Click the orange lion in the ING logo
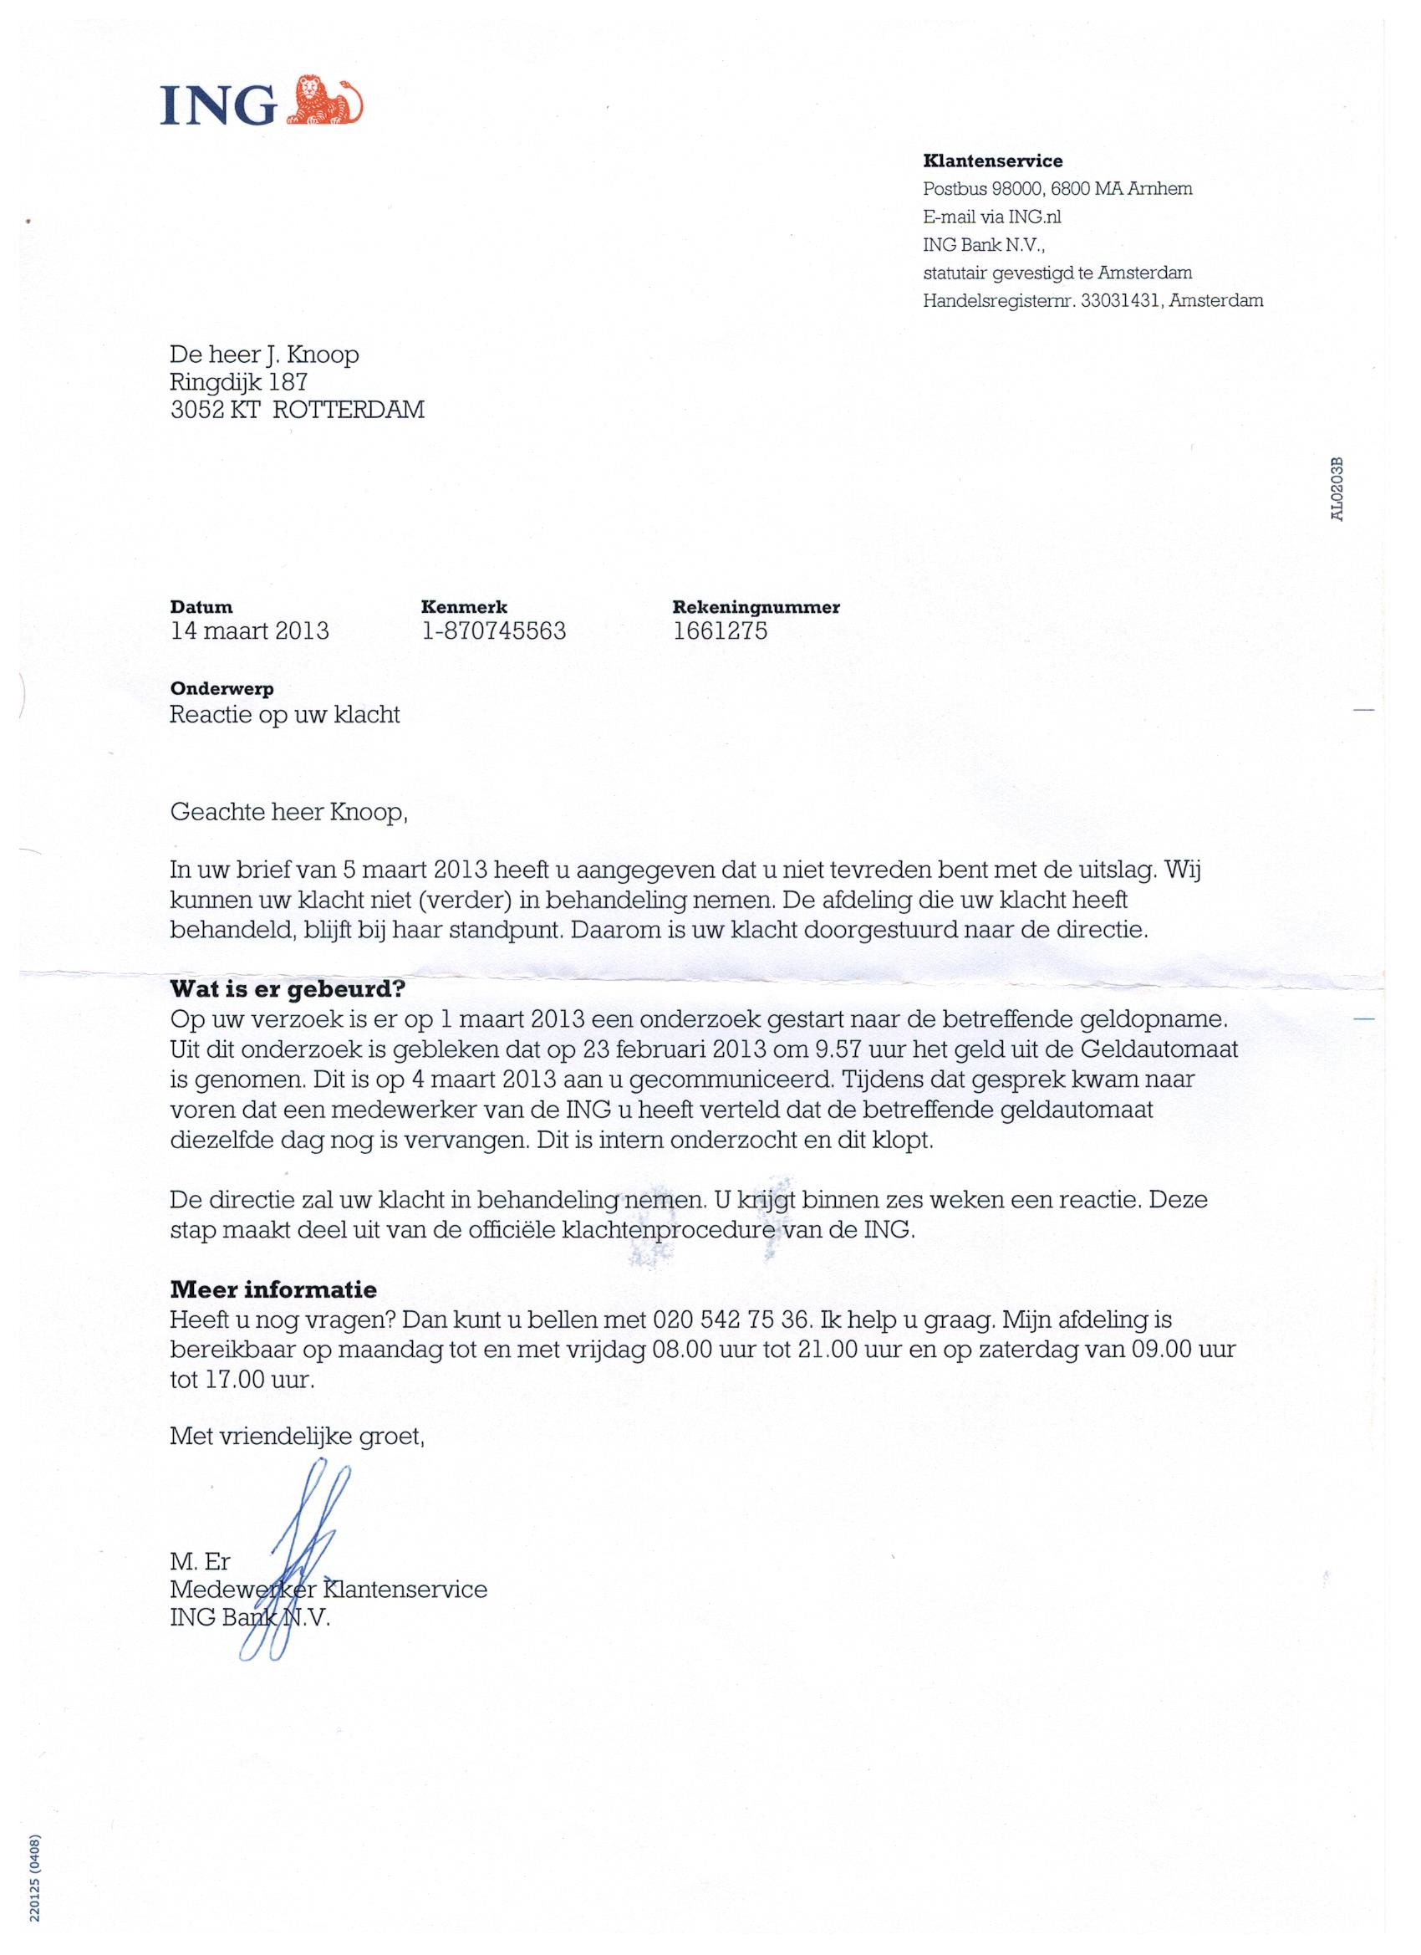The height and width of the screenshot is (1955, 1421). pyautogui.click(x=324, y=102)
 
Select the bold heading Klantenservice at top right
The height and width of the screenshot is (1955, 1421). pyautogui.click(x=993, y=161)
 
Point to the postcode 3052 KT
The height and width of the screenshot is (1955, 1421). pyautogui.click(x=216, y=410)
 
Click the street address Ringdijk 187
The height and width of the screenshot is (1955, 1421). pyautogui.click(x=239, y=382)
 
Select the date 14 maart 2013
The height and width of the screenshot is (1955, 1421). pyautogui.click(x=250, y=631)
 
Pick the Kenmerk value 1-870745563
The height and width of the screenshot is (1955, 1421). pyautogui.click(x=493, y=631)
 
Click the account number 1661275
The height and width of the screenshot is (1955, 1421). pyautogui.click(x=720, y=631)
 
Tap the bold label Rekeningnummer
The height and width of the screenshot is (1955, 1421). pyautogui.click(x=756, y=607)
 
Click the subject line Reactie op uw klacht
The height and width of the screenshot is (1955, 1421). pyautogui.click(x=285, y=715)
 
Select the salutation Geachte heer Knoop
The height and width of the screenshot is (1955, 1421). pyautogui.click(x=287, y=812)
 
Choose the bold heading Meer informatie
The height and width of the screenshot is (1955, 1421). pyautogui.click(x=273, y=1289)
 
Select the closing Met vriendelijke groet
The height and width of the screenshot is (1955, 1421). pyautogui.click(x=298, y=1436)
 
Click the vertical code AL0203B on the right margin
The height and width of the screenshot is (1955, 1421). pyautogui.click(x=1336, y=488)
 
